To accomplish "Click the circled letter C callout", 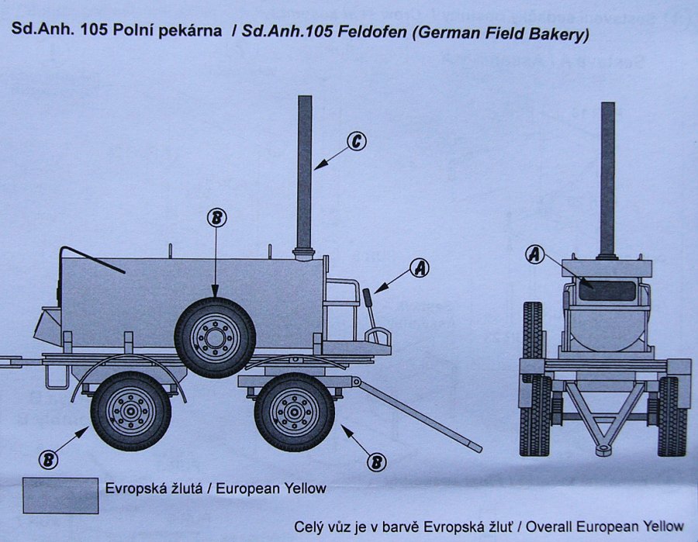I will (x=356, y=141).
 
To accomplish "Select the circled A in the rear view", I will (x=535, y=254).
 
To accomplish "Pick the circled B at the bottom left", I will (x=49, y=460).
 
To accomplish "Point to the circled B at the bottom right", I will (x=377, y=461).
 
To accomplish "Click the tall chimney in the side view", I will (x=305, y=171).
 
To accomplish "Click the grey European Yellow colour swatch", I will (x=60, y=495).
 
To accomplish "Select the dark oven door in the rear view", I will (x=606, y=290).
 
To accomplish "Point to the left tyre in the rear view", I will (x=534, y=380).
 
